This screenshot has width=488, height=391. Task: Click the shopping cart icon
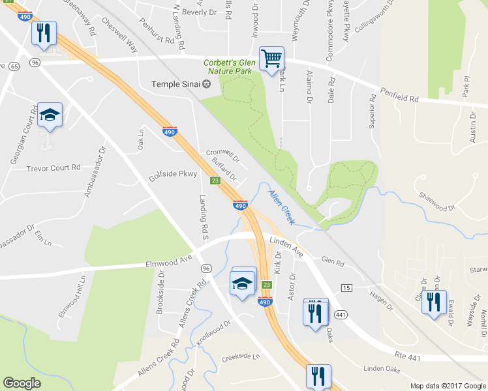pos(271,59)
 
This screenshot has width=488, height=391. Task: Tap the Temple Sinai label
pos(176,83)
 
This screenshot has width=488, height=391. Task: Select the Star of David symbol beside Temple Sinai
pos(207,83)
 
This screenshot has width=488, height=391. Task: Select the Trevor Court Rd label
pos(53,167)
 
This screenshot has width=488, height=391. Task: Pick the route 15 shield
pos(346,287)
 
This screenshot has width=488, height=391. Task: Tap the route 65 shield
pos(14,66)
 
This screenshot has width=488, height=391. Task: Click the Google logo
pos(22,383)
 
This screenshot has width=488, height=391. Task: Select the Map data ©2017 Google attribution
pos(448,386)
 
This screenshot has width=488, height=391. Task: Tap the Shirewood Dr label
pos(437,203)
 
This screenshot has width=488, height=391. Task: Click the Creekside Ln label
pos(240,357)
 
